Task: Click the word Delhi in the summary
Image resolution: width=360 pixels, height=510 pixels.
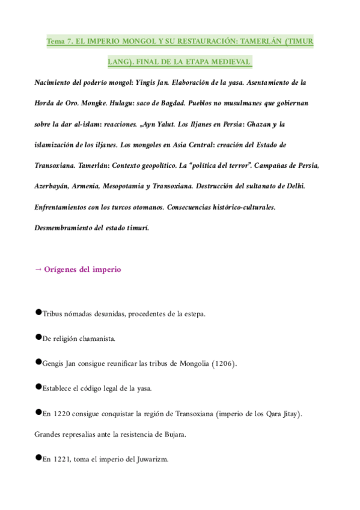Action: (x=294, y=186)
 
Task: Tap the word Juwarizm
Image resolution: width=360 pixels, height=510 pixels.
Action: (x=151, y=459)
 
